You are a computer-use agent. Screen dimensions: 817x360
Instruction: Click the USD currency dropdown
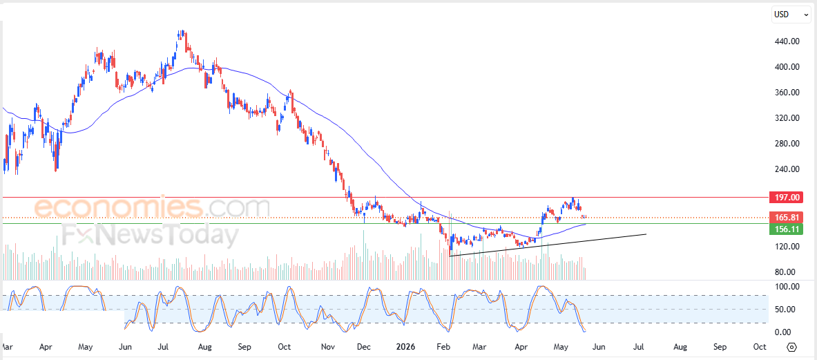pos(790,15)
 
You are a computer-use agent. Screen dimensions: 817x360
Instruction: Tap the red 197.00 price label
pos(786,198)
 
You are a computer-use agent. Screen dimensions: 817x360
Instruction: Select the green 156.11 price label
pos(786,229)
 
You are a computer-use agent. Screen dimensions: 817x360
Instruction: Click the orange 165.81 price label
pos(786,217)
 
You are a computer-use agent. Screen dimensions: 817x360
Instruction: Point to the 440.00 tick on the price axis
pos(787,41)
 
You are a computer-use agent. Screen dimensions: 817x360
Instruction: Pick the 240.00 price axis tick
pos(787,169)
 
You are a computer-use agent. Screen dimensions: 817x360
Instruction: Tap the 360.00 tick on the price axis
pos(787,93)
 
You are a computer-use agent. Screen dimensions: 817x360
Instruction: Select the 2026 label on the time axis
pos(406,346)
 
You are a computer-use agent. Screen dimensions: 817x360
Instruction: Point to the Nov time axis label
pos(328,346)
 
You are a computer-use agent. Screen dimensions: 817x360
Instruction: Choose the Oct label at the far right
pos(760,346)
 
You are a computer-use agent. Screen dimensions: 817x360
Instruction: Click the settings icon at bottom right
pos(793,347)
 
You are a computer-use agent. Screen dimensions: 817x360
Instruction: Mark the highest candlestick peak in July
pos(182,31)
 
